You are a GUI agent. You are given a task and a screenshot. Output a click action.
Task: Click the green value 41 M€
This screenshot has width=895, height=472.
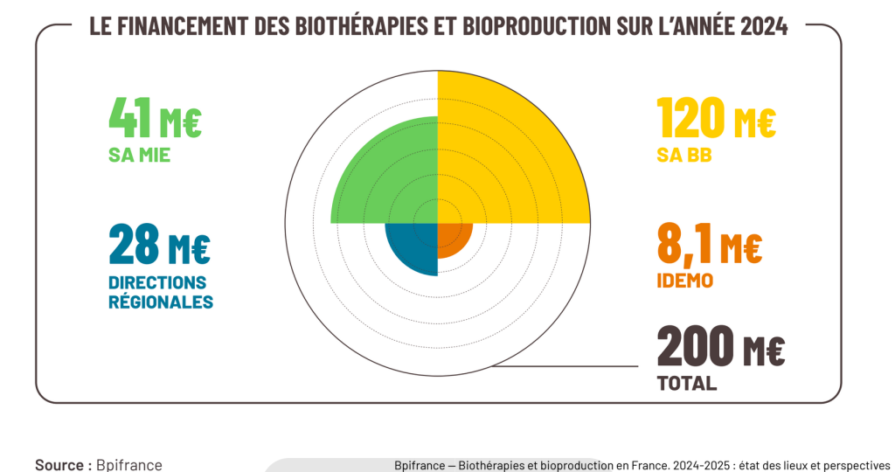[x=155, y=119]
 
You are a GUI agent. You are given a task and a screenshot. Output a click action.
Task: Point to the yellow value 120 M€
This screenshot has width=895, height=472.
[x=716, y=119]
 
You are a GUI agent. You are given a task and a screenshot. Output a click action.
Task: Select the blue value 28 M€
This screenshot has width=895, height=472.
[x=159, y=245]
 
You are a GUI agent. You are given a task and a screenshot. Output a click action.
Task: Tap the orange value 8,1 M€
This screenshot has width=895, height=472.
[x=709, y=245]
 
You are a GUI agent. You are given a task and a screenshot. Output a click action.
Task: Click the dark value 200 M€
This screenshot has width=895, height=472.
[x=721, y=347]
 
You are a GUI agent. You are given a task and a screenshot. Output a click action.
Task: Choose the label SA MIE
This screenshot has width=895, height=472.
[x=139, y=156]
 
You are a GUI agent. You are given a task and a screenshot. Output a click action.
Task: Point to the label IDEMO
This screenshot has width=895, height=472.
[x=684, y=281]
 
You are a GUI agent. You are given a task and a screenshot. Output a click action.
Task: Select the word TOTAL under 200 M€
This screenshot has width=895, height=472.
[x=687, y=383]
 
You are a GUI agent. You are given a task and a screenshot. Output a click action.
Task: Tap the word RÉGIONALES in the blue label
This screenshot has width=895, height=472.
[x=161, y=302]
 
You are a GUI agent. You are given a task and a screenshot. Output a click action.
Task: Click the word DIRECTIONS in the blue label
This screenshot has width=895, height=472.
[x=157, y=283]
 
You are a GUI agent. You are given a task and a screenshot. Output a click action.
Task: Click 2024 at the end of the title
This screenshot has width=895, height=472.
[x=764, y=26]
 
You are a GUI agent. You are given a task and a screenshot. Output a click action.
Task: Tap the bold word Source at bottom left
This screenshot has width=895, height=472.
[x=60, y=465]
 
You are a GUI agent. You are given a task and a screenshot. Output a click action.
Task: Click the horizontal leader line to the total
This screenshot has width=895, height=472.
[x=568, y=365]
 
